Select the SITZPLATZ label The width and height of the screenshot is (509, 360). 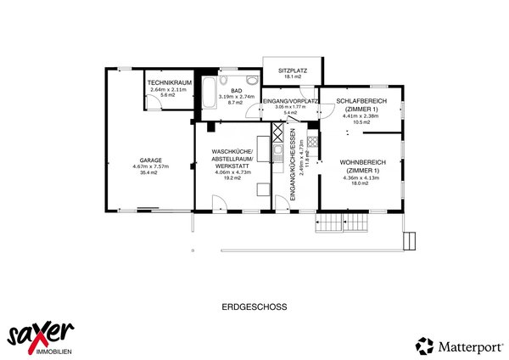coord(292,70)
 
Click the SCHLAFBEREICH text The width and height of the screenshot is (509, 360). coord(361,102)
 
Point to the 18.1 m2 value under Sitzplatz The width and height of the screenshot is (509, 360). coord(292,77)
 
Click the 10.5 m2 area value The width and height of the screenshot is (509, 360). coord(362,121)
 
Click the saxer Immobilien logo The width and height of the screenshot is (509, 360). coord(40,335)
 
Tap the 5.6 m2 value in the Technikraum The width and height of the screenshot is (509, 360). coord(167,95)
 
